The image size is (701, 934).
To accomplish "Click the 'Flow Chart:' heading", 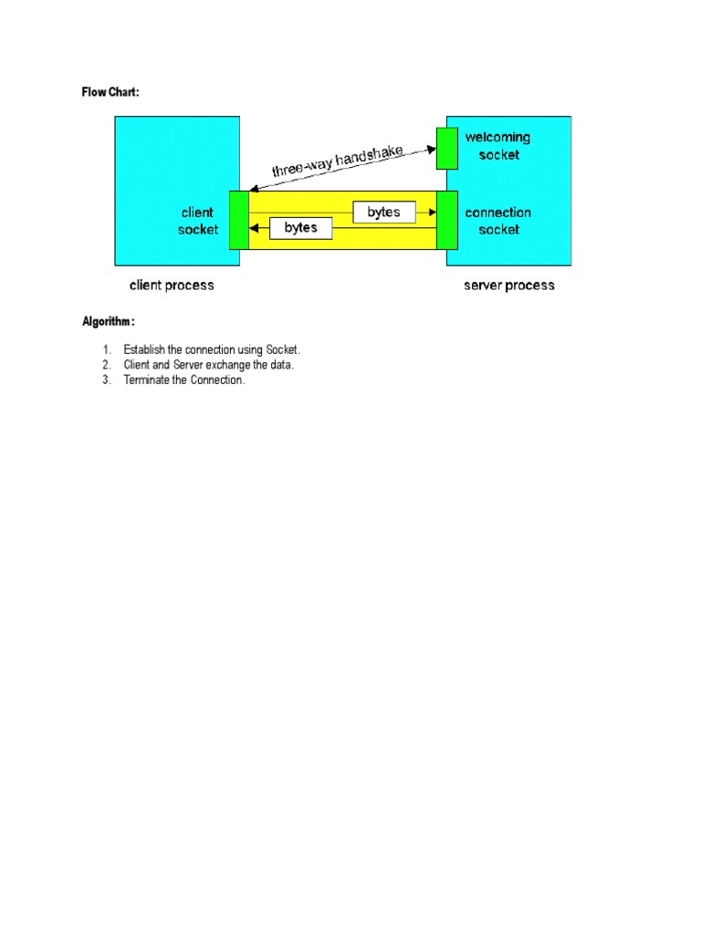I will coord(110,93).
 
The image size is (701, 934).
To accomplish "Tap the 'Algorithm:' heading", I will coord(109,322).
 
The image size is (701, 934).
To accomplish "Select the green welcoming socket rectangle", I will coord(446,149).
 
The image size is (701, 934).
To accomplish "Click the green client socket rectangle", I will coord(238,220).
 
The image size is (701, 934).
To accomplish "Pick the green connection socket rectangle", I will coord(446,220).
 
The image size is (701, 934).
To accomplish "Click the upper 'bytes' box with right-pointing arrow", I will coord(383,213).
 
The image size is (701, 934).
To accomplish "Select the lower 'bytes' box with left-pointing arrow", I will coord(300,228).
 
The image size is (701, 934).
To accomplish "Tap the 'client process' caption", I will coord(172,285).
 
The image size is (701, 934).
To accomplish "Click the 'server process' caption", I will coord(508,285).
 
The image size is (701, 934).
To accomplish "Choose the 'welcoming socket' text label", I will coord(497,146).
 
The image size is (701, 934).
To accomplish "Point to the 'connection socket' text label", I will coord(497,221).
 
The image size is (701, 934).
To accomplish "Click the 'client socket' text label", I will coord(198,221).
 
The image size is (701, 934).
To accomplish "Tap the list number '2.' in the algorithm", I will coord(106,365).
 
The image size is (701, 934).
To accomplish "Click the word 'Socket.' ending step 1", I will coord(283,350).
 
